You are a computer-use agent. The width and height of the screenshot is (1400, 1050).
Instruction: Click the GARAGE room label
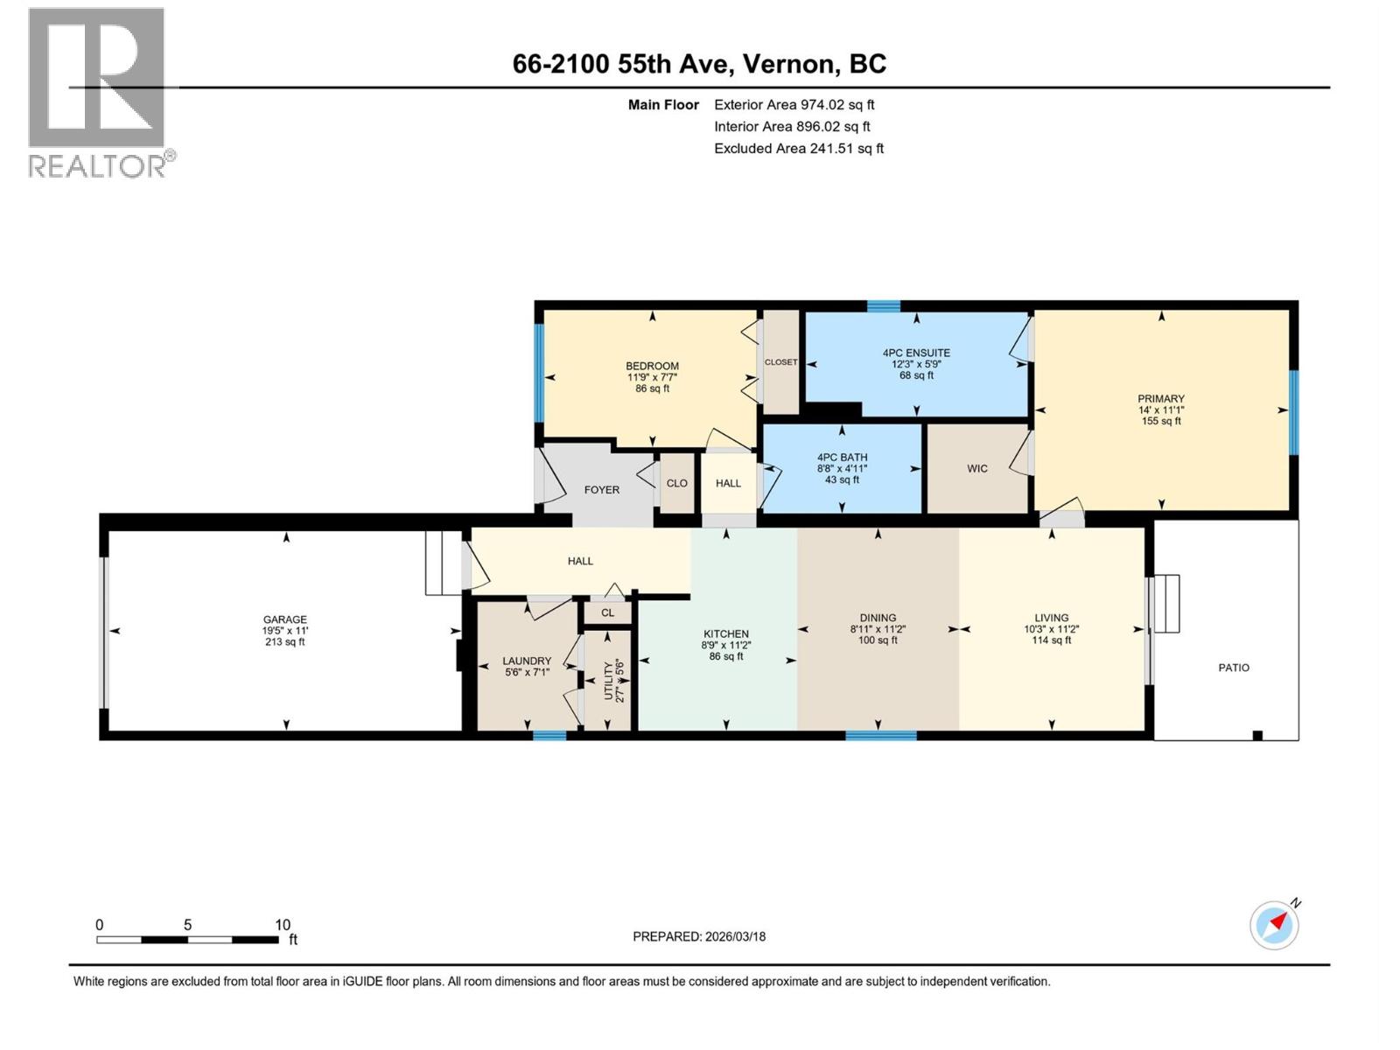(x=284, y=619)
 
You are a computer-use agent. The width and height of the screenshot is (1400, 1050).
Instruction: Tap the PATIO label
(x=1234, y=668)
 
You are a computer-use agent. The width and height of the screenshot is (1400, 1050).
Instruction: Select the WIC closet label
(x=976, y=469)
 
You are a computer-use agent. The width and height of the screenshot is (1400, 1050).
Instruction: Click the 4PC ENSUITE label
(x=916, y=353)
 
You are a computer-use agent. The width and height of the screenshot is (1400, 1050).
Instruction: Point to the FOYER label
(x=601, y=490)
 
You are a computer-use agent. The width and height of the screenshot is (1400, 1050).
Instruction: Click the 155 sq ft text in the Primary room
(x=1161, y=421)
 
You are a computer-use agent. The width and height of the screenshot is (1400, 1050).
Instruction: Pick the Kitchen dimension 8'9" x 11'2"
(x=725, y=646)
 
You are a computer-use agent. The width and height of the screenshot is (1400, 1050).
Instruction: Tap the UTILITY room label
(x=609, y=680)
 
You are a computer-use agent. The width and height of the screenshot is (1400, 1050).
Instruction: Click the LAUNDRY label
(x=527, y=661)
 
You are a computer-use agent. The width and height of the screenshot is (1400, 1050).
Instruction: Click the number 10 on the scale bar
(x=282, y=925)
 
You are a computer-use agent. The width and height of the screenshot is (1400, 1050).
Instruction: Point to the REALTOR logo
(x=98, y=92)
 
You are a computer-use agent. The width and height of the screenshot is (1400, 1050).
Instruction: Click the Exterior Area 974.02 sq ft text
(x=794, y=105)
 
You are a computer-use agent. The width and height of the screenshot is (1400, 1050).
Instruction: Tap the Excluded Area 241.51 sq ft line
(x=798, y=149)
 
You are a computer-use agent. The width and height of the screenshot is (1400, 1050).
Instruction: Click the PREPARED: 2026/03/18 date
(x=699, y=936)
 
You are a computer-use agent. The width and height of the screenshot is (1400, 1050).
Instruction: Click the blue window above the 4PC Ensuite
(x=883, y=306)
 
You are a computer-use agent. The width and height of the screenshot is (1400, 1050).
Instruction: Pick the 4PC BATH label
(x=842, y=458)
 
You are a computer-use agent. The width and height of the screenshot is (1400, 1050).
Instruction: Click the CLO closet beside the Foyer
(x=676, y=483)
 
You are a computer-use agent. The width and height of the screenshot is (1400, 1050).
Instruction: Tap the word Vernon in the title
(x=791, y=64)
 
